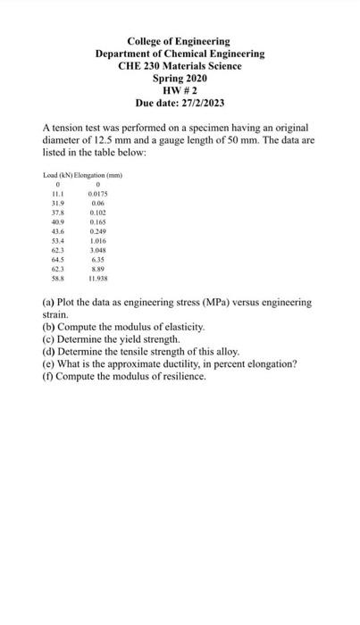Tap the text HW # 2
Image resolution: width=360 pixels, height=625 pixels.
pyautogui.click(x=180, y=91)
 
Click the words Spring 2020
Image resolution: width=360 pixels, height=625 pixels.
pyautogui.click(x=180, y=79)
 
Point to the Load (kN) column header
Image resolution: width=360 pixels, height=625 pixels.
pyautogui.click(x=59, y=174)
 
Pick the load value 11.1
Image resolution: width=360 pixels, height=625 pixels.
pyautogui.click(x=57, y=194)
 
